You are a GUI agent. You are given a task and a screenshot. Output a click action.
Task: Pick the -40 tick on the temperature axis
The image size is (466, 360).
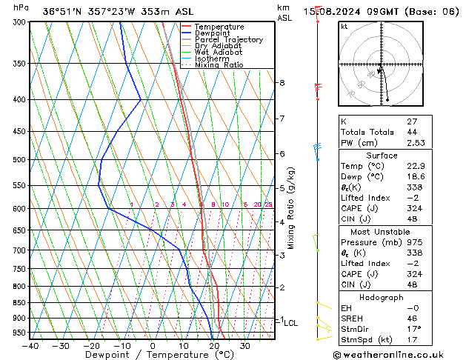(x=30, y=346)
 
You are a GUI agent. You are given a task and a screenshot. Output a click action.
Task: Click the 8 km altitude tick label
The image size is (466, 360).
(x=282, y=83)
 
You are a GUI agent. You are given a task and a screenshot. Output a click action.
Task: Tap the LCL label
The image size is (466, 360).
(x=291, y=323)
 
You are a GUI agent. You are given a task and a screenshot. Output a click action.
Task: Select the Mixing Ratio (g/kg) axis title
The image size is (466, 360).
(x=291, y=208)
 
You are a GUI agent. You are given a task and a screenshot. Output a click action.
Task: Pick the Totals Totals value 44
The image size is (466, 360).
(x=412, y=132)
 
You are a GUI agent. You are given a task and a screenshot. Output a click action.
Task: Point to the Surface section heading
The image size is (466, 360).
(x=382, y=156)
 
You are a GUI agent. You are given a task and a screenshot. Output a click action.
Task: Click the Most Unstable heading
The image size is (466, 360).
(x=382, y=232)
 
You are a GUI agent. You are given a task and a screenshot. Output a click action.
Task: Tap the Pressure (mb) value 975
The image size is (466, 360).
(x=413, y=242)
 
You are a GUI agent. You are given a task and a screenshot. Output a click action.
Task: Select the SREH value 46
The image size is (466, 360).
(x=412, y=319)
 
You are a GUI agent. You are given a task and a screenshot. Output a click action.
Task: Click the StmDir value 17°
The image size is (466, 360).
(x=413, y=329)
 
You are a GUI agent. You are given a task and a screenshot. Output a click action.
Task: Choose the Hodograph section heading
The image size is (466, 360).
(x=382, y=297)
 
